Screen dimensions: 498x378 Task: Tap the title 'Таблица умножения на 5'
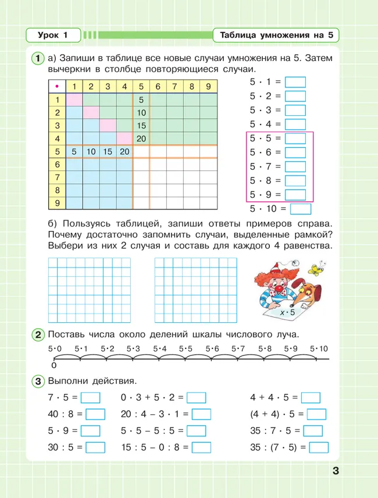pos(276,35)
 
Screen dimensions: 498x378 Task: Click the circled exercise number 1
pos(37,58)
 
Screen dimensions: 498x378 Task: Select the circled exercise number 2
pos(37,335)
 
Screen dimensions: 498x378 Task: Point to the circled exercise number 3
pos(37,381)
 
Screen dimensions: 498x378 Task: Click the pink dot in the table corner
pos(57,87)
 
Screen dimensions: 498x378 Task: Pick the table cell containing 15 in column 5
pos(141,126)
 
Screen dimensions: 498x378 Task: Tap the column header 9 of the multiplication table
pos(208,87)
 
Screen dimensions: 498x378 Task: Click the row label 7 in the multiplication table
pos(57,177)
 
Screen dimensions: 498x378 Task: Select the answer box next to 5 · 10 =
pos(300,209)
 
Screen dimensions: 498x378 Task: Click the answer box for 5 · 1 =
pos(295,83)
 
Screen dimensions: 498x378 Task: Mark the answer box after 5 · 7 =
pos(295,167)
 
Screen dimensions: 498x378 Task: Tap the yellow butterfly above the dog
pos(315,269)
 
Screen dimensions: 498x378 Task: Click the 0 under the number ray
pos(54,366)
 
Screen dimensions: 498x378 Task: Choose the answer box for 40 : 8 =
pos(95,415)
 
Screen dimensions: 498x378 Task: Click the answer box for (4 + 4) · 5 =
pos(316,415)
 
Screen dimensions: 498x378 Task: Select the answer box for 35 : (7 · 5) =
pos(319,448)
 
